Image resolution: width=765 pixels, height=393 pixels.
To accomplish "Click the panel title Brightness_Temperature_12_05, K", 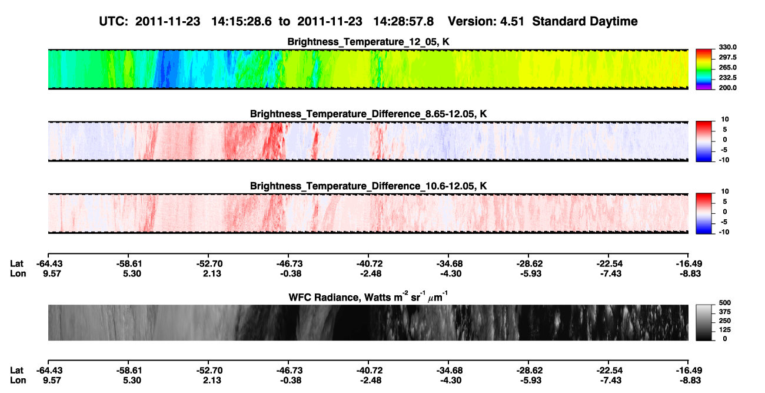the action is (368, 42).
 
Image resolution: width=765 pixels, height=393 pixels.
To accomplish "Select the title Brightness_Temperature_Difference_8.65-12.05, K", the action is (368, 114).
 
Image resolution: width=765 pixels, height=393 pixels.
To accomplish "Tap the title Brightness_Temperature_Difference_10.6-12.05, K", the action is (368, 186).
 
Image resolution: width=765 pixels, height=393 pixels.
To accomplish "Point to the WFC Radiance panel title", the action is (368, 296).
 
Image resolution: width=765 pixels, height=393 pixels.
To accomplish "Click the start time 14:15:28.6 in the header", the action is (241, 22).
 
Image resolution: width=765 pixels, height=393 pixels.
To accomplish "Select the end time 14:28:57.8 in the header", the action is (403, 22).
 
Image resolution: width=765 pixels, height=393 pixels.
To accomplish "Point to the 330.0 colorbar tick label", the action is (727, 47).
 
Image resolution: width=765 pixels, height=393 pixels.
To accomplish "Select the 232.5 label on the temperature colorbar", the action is (727, 78).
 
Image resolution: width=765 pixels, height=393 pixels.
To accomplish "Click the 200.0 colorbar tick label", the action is (727, 88).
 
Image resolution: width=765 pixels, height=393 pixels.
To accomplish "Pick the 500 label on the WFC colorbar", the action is (725, 303).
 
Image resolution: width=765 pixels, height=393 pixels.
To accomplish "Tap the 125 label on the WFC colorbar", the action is (725, 330).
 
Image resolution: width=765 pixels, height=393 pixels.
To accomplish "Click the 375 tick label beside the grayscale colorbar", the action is (725, 312).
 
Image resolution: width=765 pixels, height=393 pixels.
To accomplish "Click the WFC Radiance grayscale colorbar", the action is (704, 322).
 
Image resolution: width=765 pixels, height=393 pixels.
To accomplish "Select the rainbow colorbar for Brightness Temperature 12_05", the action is (704, 70).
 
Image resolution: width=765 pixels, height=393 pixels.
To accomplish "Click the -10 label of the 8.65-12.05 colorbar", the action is (724, 160).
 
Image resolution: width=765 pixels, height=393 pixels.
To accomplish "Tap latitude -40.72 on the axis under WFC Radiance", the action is (370, 371).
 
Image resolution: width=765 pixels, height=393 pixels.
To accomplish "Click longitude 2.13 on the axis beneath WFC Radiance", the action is (212, 381).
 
